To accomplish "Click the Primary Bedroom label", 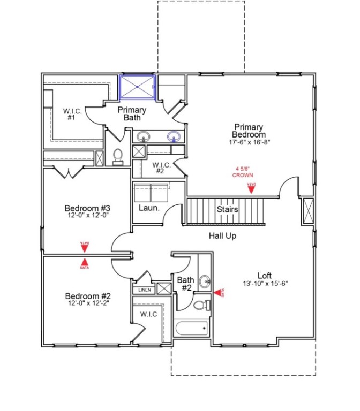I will click(x=248, y=131).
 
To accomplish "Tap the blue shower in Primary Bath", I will click(x=137, y=87).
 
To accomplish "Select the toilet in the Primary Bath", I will click(x=118, y=156).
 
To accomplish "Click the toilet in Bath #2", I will click(x=201, y=306).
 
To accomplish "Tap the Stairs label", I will click(x=227, y=209).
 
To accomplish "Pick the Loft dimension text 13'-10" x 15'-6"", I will click(x=266, y=284).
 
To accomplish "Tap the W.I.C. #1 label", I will click(x=72, y=114).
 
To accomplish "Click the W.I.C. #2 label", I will click(x=160, y=168).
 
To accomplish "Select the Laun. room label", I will click(x=148, y=208).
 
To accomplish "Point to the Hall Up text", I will click(x=223, y=235).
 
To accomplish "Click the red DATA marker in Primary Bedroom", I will click(x=251, y=187).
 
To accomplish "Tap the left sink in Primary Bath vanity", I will click(x=144, y=136).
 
